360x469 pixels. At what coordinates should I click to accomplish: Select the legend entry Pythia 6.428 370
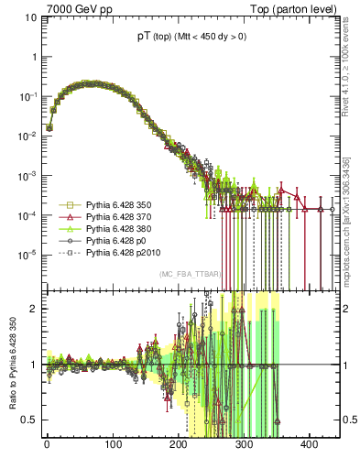pyautogui.click(x=119, y=216)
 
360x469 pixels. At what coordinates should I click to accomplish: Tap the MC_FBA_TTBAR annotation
pyautogui.click(x=188, y=275)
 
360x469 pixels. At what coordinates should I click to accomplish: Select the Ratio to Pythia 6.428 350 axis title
pyautogui.click(x=15, y=370)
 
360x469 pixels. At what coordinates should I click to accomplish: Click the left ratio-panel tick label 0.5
pyautogui.click(x=29, y=420)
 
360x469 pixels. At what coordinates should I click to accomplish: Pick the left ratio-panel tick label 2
pyautogui.click(x=33, y=308)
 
